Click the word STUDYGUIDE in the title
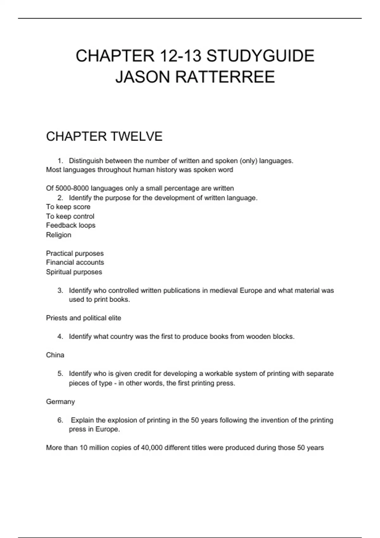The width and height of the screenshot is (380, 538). [260, 56]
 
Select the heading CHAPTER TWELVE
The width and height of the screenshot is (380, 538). [104, 136]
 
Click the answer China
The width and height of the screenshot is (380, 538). [55, 355]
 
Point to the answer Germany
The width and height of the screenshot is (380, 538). [60, 402]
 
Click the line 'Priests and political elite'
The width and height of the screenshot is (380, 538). [84, 318]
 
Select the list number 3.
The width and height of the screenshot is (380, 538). [60, 291]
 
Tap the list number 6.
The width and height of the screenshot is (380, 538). [60, 420]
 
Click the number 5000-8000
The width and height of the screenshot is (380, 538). [72, 188]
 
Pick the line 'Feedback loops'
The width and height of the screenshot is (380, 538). [71, 225]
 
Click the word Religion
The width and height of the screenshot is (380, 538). [59, 235]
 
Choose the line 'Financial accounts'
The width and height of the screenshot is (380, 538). [75, 262]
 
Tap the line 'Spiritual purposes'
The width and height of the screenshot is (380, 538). [74, 272]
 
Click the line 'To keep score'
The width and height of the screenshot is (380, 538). [68, 207]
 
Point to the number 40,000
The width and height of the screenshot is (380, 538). [152, 448]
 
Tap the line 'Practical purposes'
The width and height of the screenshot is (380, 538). [75, 253]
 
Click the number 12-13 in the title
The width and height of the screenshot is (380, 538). [180, 56]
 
